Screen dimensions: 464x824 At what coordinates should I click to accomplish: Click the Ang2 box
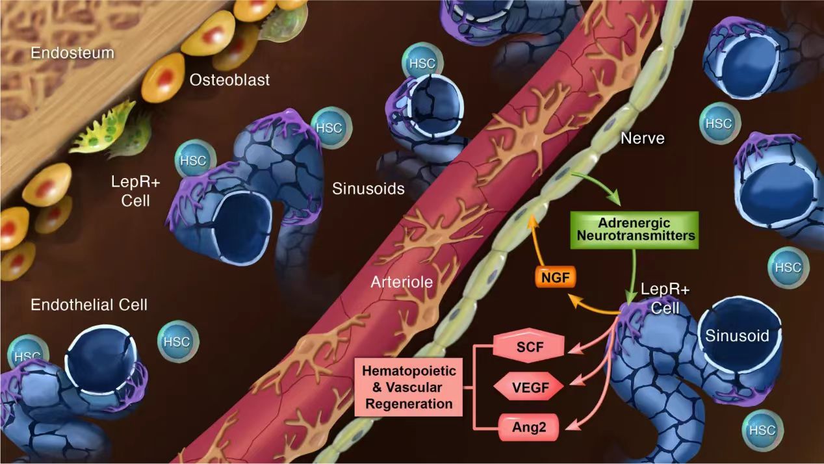point(528,428)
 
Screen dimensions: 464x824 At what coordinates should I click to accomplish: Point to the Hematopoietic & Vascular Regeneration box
point(409,388)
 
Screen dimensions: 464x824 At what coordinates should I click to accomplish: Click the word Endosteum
point(72,52)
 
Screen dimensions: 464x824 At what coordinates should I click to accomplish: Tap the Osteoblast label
point(229,80)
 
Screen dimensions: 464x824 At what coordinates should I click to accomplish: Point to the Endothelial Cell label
point(89,303)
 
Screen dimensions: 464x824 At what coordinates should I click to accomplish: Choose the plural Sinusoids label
point(368,189)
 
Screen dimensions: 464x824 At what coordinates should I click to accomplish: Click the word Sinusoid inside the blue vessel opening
point(737,335)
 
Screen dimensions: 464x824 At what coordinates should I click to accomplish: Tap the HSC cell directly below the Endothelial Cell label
point(177,342)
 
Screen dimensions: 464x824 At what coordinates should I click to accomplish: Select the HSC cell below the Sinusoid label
point(762,430)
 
